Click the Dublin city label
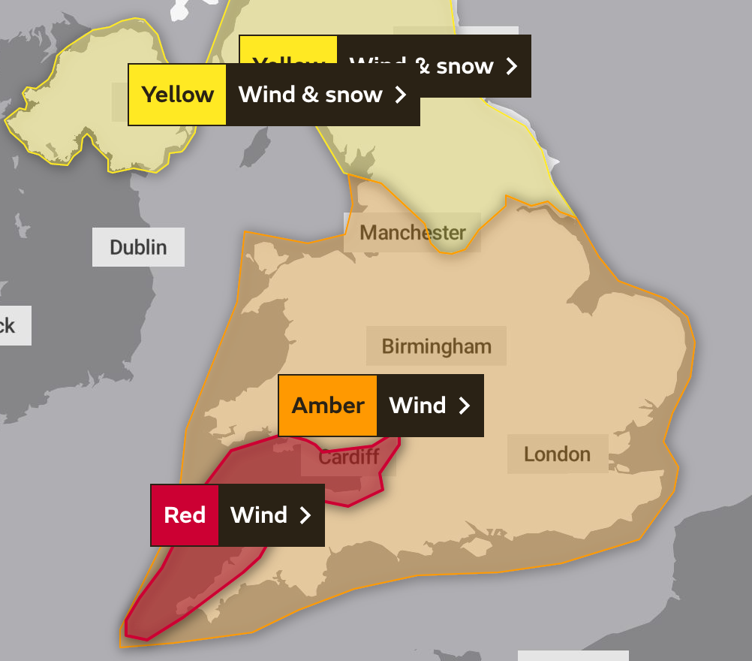coord(138,247)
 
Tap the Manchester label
coord(412,232)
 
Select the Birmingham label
coord(436,346)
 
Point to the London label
coord(557,454)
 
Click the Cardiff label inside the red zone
coord(349,457)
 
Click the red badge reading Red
coord(185,515)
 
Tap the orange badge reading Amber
coord(328,406)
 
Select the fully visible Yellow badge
coord(178,95)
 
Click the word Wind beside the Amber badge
coord(417,406)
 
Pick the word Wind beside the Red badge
coord(259,515)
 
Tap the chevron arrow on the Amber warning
coord(465,406)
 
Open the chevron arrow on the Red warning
coord(305,515)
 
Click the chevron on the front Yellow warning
coord(401,95)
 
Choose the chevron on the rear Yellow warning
coord(512,66)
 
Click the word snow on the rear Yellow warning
coord(465,66)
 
